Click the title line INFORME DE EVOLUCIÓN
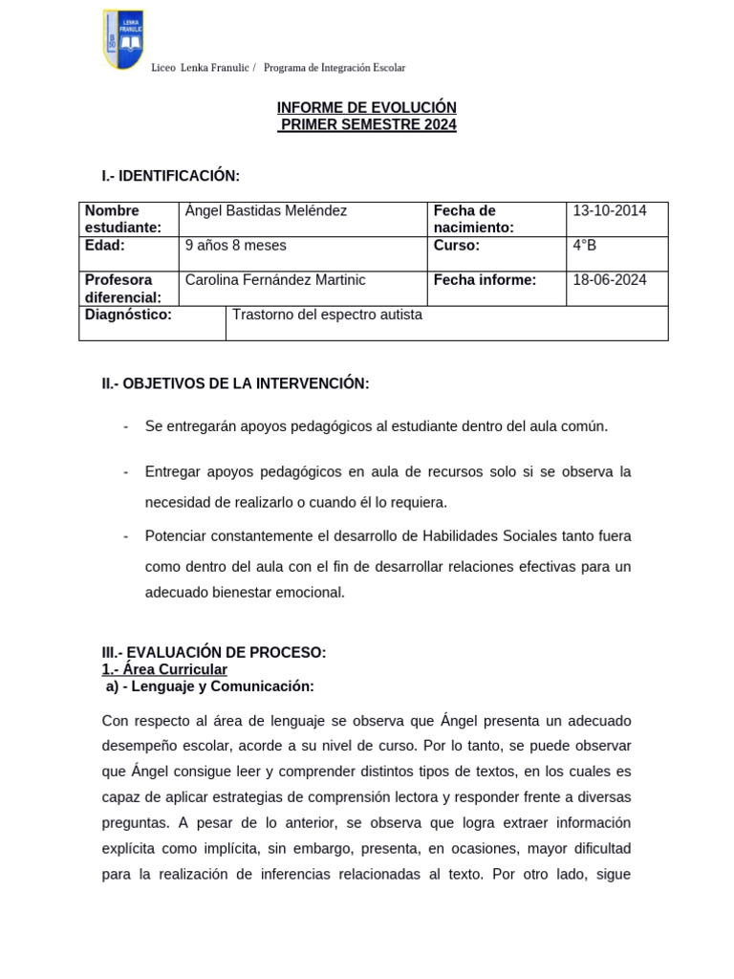click(x=367, y=108)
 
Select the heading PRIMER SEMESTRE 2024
click(x=367, y=125)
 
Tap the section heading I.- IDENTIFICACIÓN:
click(x=171, y=176)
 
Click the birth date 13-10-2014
click(x=610, y=211)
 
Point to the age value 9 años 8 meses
click(x=235, y=246)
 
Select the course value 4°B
click(x=585, y=246)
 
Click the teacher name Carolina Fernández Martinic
click(x=275, y=280)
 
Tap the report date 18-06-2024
click(x=610, y=280)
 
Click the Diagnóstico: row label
click(x=128, y=315)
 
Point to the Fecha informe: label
click(x=485, y=280)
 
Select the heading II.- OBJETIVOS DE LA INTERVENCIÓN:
click(x=235, y=383)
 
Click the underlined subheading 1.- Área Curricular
click(x=164, y=669)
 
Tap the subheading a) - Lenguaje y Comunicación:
click(x=209, y=686)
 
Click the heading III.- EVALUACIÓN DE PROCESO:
click(x=214, y=653)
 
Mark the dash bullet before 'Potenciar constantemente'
click(x=125, y=535)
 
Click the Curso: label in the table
click(x=457, y=246)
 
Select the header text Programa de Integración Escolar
click(x=335, y=68)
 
